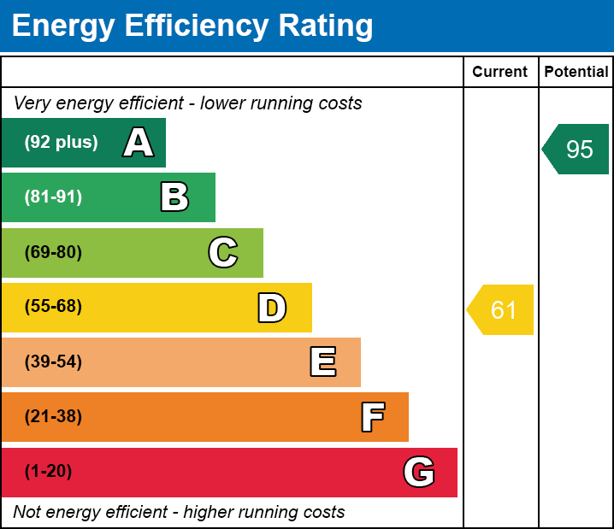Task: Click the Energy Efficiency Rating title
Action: (x=192, y=26)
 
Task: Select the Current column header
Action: (x=500, y=73)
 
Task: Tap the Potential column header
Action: (x=576, y=73)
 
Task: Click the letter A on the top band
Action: (x=139, y=143)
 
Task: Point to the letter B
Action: (x=174, y=197)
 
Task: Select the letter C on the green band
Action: (x=223, y=252)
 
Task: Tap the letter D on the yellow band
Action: (x=272, y=308)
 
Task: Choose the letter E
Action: (x=322, y=362)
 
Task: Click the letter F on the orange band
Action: (x=372, y=417)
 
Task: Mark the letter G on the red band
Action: (x=419, y=472)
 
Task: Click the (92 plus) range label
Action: (x=61, y=143)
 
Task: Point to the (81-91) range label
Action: (x=53, y=197)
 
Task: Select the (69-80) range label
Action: (x=53, y=252)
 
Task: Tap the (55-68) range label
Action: (x=53, y=307)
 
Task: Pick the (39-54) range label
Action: (x=53, y=362)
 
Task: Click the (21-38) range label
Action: (x=53, y=417)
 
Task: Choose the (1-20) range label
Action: (x=49, y=472)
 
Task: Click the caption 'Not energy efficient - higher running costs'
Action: (x=179, y=513)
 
